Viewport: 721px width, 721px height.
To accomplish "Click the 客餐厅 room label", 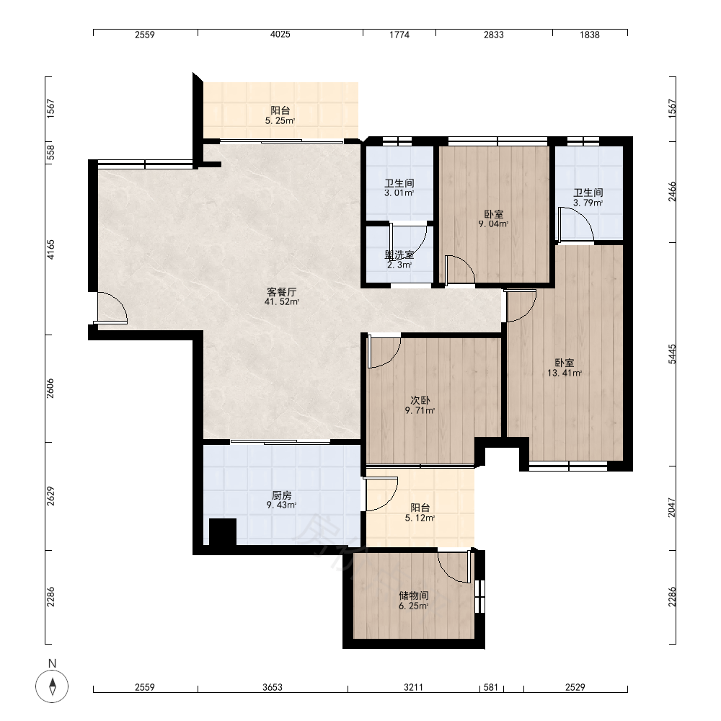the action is (281, 292).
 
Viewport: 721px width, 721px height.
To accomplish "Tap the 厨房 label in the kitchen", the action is (281, 495).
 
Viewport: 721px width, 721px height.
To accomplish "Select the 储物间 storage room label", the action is (414, 596).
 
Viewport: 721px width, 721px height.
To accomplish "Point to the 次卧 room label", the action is (420, 400).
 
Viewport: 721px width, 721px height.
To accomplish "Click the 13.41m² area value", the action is (565, 373).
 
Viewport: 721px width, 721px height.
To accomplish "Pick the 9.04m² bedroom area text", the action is (493, 224).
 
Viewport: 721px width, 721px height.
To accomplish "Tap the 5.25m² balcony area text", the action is (280, 120).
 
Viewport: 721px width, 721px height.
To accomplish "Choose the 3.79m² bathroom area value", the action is (588, 203).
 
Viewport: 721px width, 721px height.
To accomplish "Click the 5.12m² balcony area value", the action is (420, 518).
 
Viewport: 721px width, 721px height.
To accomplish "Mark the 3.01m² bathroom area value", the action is (399, 193).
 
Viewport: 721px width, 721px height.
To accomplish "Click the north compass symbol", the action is (52, 686).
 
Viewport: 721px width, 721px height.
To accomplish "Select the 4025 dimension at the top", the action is (280, 35).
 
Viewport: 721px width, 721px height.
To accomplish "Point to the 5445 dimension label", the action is (672, 354).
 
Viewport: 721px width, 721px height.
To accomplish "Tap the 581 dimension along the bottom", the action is (491, 687).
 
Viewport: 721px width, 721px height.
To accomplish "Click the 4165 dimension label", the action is (50, 249).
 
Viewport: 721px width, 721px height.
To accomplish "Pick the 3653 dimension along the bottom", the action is (273, 687).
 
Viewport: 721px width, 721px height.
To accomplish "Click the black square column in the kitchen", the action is (223, 532).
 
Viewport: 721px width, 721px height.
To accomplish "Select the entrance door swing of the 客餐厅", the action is (111, 308).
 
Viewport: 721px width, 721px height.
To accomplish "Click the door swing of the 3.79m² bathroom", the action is (575, 224).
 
